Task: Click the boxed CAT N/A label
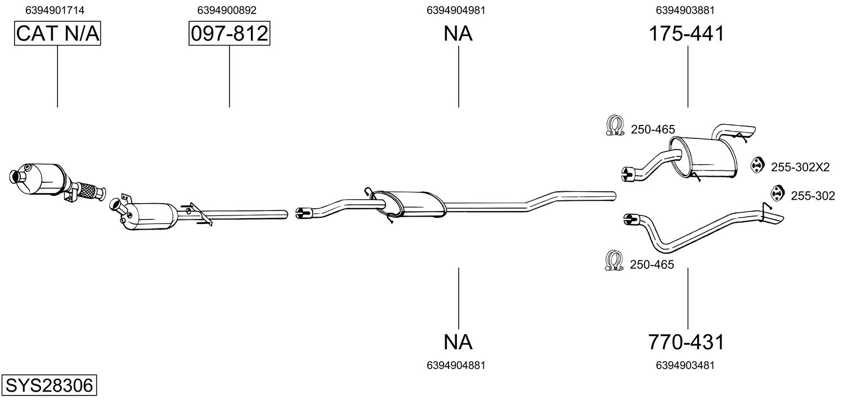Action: point(57,34)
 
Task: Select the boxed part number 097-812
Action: point(229,34)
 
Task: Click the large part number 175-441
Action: point(687,34)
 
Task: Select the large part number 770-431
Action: point(686,341)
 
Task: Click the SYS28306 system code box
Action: point(49,386)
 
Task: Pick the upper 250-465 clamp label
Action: point(653,129)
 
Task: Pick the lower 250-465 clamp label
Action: point(652,264)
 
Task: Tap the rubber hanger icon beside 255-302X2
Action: point(757,165)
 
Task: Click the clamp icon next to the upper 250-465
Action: point(616,125)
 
